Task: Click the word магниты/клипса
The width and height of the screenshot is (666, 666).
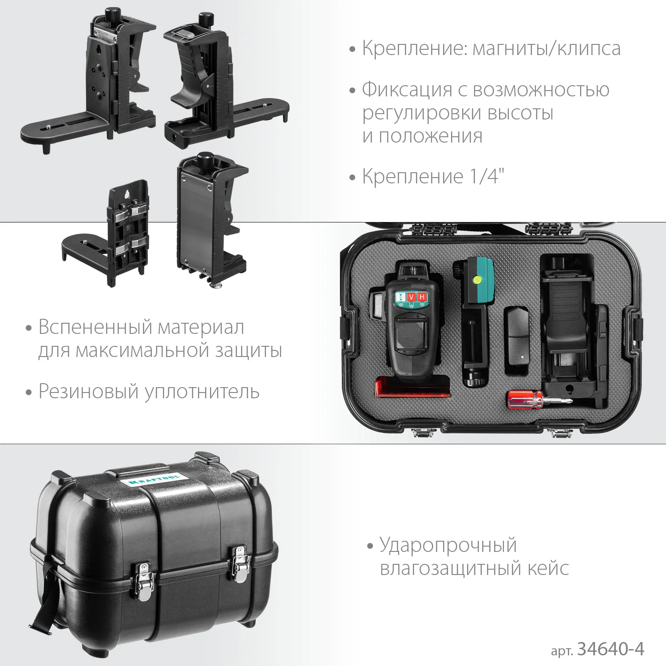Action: tap(546, 48)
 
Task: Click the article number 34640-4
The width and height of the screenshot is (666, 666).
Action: tap(610, 649)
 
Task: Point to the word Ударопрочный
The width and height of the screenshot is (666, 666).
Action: tap(448, 546)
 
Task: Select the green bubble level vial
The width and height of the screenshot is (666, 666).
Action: tap(478, 280)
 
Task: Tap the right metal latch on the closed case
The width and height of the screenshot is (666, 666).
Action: tap(240, 564)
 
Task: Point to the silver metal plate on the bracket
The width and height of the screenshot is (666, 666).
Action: tap(194, 222)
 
